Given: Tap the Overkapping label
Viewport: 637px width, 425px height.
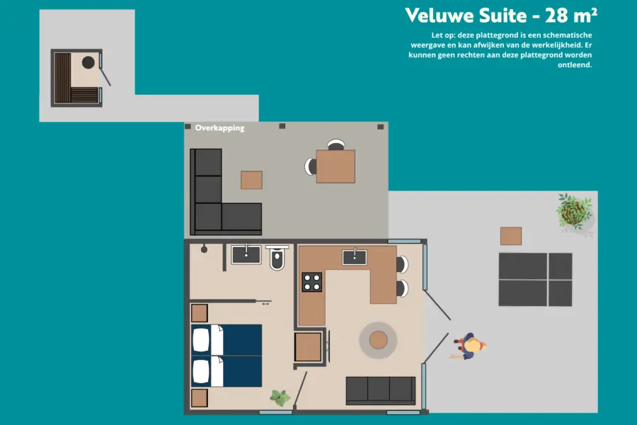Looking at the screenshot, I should tap(220, 128).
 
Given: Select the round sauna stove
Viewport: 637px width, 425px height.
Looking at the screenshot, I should tap(88, 62).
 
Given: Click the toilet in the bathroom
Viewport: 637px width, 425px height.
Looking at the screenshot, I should tap(277, 260).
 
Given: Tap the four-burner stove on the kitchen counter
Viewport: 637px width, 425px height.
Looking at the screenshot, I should tap(312, 282).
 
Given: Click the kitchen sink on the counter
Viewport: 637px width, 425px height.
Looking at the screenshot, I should tap(354, 256).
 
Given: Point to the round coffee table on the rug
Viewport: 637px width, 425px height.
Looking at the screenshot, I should tap(378, 341).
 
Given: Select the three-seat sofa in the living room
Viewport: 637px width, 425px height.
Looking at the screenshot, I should tap(380, 390).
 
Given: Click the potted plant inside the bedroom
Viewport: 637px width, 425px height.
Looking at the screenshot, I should tap(280, 398).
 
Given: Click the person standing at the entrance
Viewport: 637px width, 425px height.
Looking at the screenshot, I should tap(470, 347).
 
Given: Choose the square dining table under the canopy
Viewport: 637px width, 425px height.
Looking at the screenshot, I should tap(335, 166).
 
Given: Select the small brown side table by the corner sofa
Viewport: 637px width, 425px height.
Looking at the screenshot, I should tap(251, 180).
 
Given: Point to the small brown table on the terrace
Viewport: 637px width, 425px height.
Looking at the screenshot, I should tap(510, 236).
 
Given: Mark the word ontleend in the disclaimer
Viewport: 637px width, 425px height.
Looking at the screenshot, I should tap(575, 64).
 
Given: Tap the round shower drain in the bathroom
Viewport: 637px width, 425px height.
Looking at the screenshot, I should tap(204, 249).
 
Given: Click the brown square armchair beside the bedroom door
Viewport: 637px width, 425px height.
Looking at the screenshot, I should tap(309, 347).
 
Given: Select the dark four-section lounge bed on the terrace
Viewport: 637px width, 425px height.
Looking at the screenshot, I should tap(535, 279).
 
